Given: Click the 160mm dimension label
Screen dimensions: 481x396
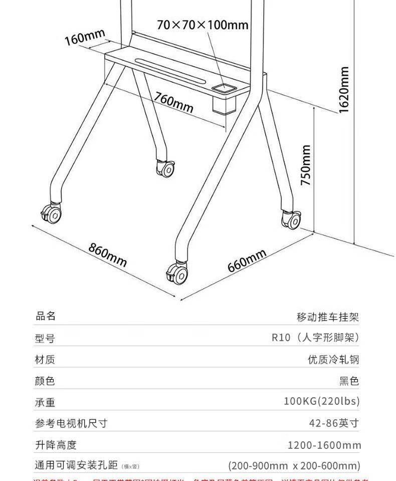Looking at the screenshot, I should tap(85, 37).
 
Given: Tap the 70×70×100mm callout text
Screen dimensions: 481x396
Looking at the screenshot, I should tap(203, 25).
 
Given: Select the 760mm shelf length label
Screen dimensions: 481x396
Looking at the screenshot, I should tap(173, 102).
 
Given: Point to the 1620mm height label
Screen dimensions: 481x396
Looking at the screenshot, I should tap(344, 90).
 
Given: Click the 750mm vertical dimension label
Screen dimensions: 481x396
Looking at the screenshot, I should tap(306, 165).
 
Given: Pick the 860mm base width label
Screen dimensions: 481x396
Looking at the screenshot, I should tap(108, 255).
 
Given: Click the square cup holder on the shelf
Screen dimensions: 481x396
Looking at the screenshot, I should tap(224, 89).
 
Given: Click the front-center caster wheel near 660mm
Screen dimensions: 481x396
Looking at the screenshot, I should tap(177, 273).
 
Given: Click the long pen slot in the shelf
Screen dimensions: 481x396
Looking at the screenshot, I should tap(170, 70).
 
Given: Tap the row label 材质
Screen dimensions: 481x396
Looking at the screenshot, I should tap(45, 359).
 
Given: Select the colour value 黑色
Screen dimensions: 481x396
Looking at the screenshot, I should tap(349, 381).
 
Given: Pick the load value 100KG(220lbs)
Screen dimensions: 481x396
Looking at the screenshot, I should tap(322, 401).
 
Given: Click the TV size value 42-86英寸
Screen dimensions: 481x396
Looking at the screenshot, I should tap(334, 423).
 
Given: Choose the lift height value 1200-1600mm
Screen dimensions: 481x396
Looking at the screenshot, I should tap(324, 445).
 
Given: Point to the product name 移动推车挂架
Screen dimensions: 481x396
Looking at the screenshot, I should tap(328, 317).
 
